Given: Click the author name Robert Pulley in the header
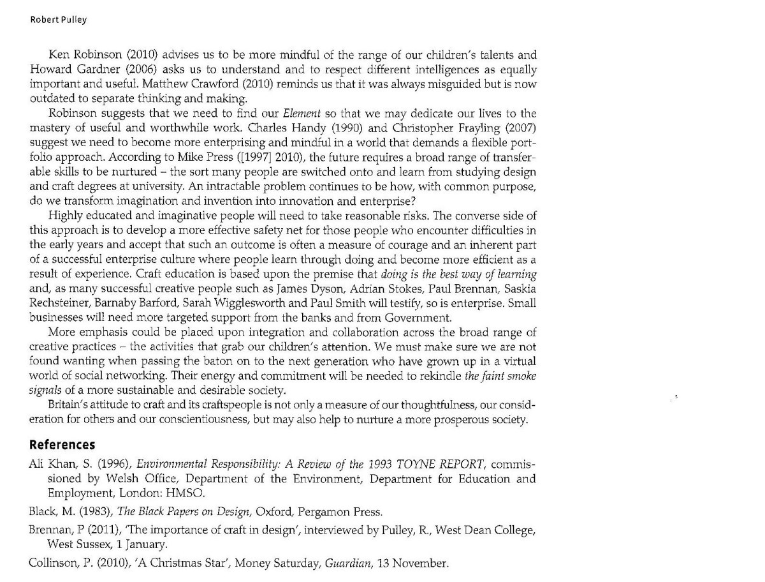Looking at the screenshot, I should pos(59,20).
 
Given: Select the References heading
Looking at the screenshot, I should pos(62,445).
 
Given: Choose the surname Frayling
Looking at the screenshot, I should pos(474,128).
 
